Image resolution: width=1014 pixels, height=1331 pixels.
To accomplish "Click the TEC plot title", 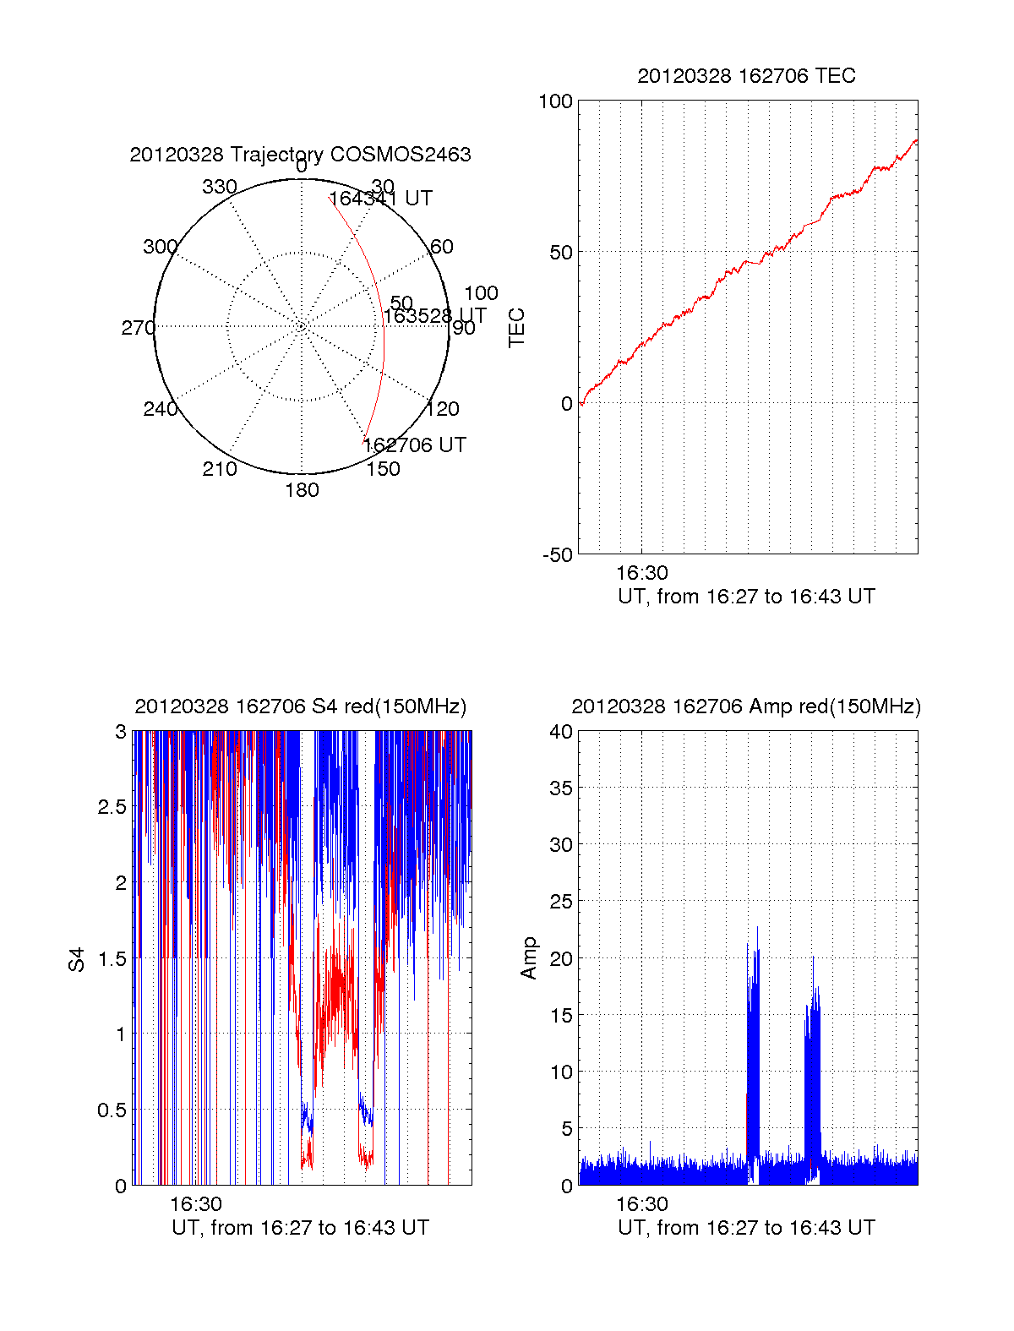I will tap(746, 76).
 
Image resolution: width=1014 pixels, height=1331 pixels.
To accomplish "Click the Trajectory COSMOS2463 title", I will tap(300, 155).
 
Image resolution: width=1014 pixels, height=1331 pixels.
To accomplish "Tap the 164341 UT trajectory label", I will tap(380, 199).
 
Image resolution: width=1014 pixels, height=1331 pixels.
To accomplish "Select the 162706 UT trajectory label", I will tap(414, 445).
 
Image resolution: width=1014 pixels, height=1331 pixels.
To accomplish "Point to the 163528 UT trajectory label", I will tap(434, 316).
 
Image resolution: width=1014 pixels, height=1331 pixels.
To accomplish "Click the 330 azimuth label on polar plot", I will tap(219, 187).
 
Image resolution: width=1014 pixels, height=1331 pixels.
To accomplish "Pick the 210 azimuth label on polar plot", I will tap(219, 469).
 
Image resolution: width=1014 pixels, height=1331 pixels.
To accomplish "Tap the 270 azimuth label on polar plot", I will tap(138, 328).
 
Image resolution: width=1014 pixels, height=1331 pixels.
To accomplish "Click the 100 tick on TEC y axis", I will tap(555, 101).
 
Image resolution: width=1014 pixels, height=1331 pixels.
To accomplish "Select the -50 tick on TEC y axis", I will tap(558, 555).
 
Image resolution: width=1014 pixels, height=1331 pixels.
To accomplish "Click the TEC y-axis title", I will tap(516, 328).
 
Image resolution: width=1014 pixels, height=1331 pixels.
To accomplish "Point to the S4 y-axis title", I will tap(77, 959).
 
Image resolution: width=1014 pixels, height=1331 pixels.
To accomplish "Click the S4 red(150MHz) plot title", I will tap(300, 706).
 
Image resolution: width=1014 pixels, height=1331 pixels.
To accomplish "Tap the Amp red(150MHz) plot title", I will tap(746, 706).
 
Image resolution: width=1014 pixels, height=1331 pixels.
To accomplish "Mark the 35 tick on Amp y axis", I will tap(561, 788).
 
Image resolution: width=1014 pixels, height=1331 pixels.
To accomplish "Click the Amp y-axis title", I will tap(529, 958).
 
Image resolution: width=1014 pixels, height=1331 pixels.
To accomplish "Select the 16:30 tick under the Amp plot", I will tap(641, 1204).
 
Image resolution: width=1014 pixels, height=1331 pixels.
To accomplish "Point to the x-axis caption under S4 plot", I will tap(300, 1228).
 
